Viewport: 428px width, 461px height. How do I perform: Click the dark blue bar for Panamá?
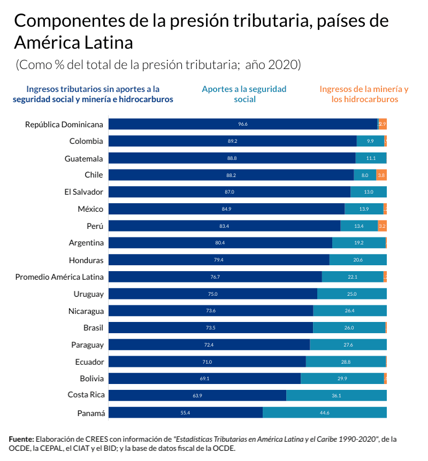185,413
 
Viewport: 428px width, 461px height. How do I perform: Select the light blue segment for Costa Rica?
337,396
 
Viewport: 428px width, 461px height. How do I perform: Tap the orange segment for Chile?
381,175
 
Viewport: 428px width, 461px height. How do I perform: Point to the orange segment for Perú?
382,226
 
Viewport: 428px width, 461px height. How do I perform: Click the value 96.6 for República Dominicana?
243,124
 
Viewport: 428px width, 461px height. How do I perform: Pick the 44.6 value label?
325,413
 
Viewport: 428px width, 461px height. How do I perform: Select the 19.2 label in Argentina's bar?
359,243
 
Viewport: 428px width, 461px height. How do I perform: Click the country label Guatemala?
83,158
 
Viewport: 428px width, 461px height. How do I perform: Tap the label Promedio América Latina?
59,277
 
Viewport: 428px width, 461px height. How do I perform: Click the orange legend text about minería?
364,94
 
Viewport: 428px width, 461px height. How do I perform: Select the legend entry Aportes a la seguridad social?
244,94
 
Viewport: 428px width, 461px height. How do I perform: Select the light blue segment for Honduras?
358,260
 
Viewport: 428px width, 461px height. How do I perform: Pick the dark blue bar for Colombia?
232,141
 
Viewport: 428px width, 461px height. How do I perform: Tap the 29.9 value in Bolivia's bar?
342,379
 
